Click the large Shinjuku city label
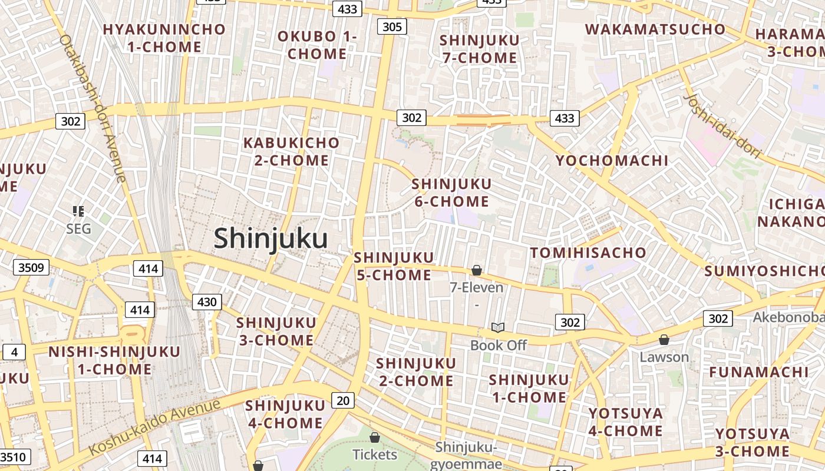coord(270,238)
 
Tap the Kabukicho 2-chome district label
coord(292,151)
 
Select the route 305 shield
coord(392,26)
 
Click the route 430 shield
coord(207,303)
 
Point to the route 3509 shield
coord(31,268)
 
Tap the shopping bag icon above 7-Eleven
coord(477,270)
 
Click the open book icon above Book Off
coord(498,327)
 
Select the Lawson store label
coord(664,357)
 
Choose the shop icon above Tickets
coord(375,437)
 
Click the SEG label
coord(78,228)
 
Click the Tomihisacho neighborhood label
coord(588,253)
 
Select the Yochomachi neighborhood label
coord(612,161)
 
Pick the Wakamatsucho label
coord(655,29)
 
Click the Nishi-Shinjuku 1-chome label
coord(114,361)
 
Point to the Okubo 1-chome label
coord(317,45)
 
